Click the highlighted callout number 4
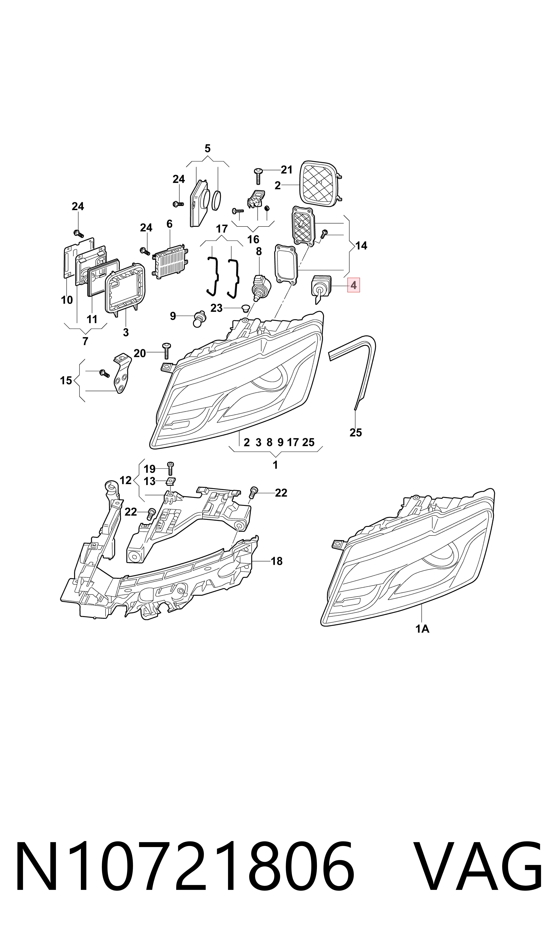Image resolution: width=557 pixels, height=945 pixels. click(353, 286)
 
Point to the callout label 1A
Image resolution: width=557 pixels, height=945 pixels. click(422, 629)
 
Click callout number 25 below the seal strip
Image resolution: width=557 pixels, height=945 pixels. click(355, 432)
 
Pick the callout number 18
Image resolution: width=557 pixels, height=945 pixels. click(277, 561)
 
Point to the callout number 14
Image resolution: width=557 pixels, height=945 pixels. click(361, 246)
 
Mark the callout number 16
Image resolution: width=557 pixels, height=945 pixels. click(253, 239)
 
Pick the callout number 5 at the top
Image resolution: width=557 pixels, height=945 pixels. click(207, 149)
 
